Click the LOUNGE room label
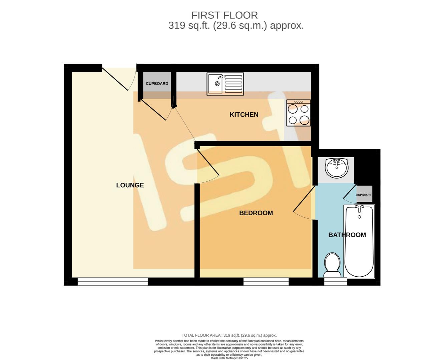pos(130,185)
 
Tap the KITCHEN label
pos(244,115)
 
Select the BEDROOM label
pos(256,213)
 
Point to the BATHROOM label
pos(347,235)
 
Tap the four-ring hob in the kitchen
pos(299,113)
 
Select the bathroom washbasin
pos(337,168)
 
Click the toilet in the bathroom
pos(333,265)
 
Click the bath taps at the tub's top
pos(359,208)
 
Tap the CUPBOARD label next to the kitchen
pos(157,84)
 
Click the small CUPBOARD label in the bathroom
pos(364,195)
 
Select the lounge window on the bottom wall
pos(113,282)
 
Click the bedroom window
pos(266,282)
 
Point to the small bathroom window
pos(336,282)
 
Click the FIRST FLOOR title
pos(224,15)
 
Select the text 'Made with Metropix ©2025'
pos(229,358)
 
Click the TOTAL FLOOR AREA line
pos(229,335)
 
